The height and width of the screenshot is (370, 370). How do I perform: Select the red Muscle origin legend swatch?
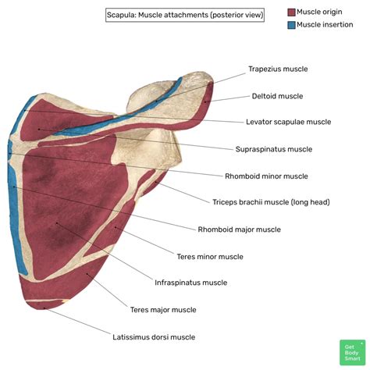click(291, 12)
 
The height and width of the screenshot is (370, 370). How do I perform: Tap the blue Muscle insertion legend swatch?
click(291, 25)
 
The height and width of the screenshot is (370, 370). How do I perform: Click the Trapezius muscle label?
click(278, 69)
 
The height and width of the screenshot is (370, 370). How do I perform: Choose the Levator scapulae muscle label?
click(288, 122)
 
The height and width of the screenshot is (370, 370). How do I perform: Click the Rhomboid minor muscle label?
click(266, 176)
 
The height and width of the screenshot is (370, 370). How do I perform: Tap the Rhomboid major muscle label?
click(239, 229)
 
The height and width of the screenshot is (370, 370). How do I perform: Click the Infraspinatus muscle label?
click(191, 283)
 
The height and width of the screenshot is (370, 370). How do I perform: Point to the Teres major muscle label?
click(163, 310)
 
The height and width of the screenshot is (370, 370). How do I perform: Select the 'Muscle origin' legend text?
click(324, 12)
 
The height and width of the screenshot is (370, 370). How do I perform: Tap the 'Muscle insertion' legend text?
click(328, 25)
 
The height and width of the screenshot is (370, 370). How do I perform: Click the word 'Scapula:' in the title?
click(124, 14)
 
